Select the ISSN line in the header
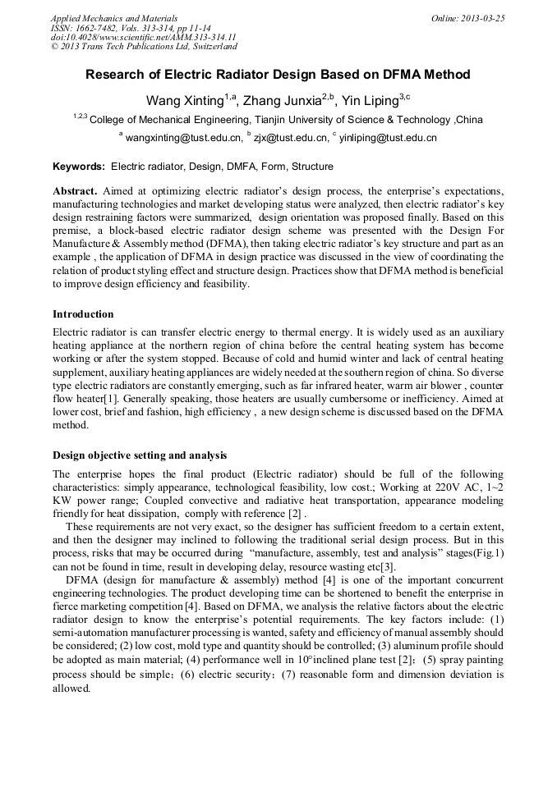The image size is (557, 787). pos(131,28)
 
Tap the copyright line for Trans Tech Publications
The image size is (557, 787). pos(144,47)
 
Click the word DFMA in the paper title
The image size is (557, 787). pos(403,75)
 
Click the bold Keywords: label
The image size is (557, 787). pos(79,166)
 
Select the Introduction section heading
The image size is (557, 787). pos(83,314)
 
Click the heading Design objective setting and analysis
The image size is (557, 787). pos(140,455)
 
